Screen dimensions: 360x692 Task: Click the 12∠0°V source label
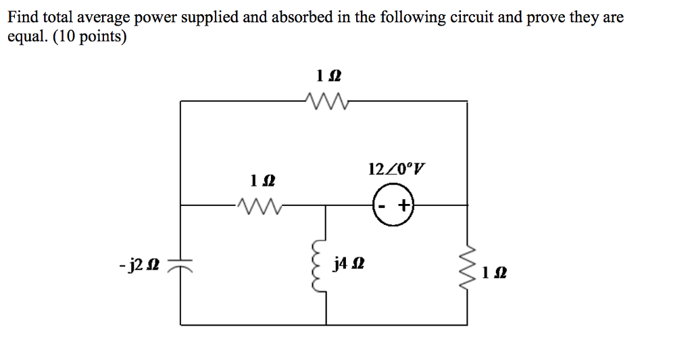coord(397,168)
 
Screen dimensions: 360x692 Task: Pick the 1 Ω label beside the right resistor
coord(495,273)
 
